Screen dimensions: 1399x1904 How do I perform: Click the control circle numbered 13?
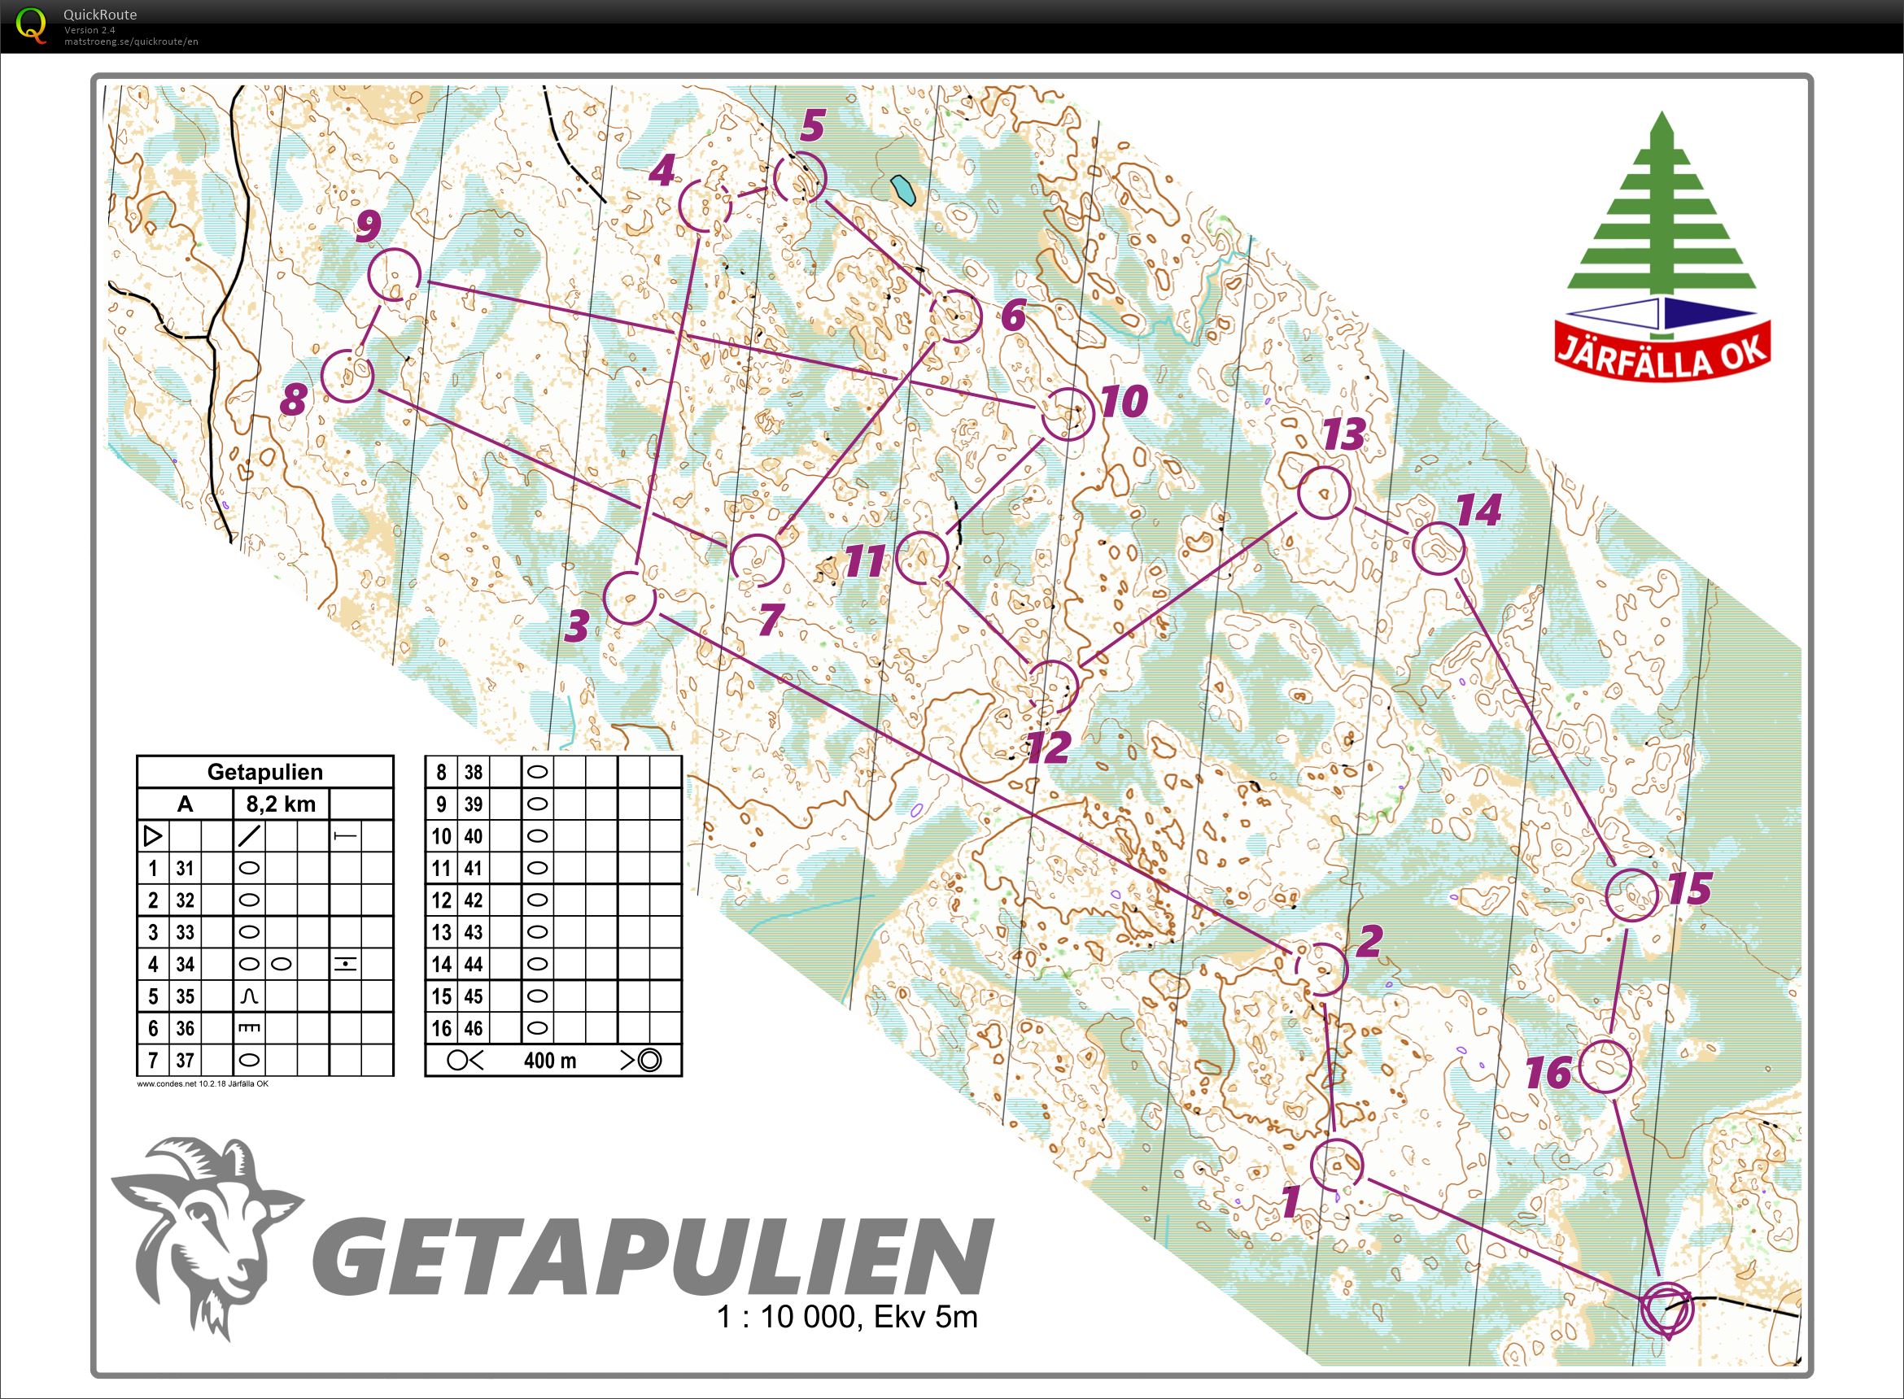[x=1323, y=492]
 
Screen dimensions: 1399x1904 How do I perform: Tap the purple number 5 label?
[x=811, y=126]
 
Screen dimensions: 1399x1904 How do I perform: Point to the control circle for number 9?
[x=395, y=274]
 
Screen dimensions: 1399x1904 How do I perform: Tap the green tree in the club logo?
[x=1662, y=211]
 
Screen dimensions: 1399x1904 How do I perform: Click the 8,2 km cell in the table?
[x=281, y=804]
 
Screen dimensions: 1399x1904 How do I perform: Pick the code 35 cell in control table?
[x=186, y=996]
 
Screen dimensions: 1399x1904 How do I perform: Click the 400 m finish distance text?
[x=550, y=1061]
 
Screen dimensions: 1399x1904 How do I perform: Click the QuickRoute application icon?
[x=33, y=24]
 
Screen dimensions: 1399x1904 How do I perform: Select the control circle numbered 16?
[x=1605, y=1067]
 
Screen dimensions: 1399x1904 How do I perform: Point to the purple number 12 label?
[x=1048, y=747]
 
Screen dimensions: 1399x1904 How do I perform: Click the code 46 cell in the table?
[x=473, y=1028]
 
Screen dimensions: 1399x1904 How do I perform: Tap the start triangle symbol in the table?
[x=152, y=837]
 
